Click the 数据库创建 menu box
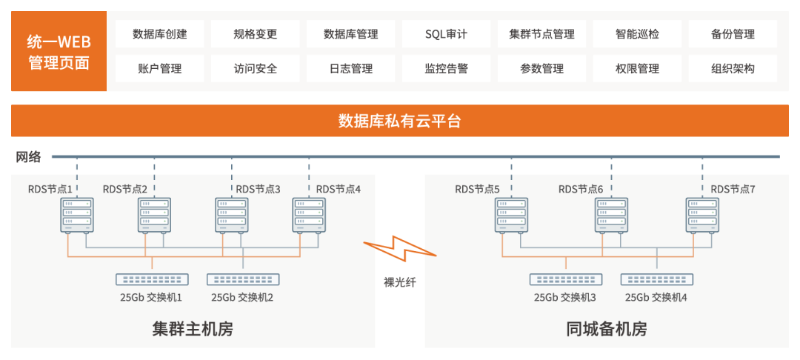[160, 34]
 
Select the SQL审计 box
[446, 34]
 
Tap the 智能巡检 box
[637, 34]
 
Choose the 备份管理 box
[733, 34]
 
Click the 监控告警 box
[446, 69]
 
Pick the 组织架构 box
[733, 69]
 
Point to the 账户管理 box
[160, 69]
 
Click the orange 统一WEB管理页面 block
[59, 52]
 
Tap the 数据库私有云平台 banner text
[400, 121]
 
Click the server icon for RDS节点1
[77, 215]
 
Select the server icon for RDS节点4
[309, 215]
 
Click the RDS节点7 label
[733, 190]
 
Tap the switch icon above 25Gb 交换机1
[152, 280]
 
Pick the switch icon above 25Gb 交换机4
[657, 280]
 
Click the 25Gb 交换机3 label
[565, 298]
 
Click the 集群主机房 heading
[193, 329]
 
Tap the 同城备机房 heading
[606, 329]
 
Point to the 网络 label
[29, 156]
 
